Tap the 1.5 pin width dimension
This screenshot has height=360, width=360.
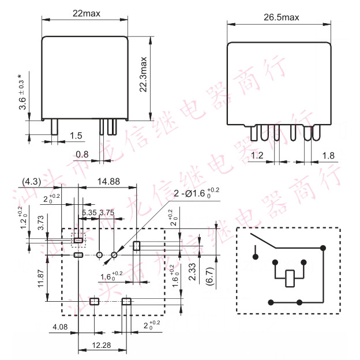[76, 136]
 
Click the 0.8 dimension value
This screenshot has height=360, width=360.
[82, 155]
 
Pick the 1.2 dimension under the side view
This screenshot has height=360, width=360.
[257, 155]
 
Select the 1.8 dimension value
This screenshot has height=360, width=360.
[327, 155]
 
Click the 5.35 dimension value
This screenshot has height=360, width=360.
[89, 213]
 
